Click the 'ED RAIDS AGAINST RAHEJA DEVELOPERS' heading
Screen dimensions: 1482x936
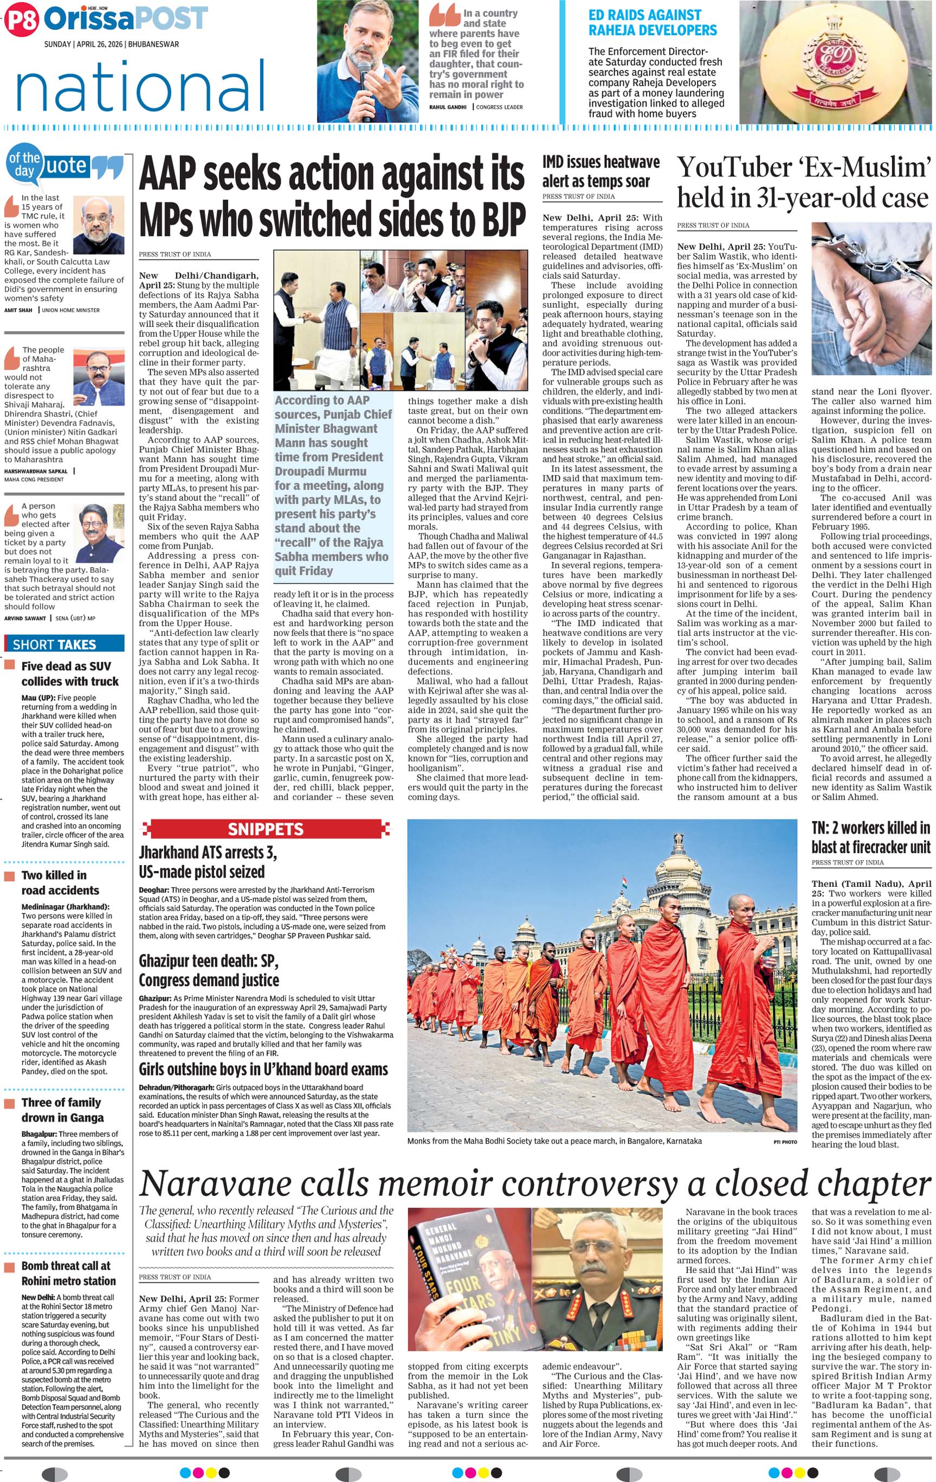pyautogui.click(x=653, y=23)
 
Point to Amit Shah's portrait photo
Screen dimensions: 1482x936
pyautogui.click(x=99, y=224)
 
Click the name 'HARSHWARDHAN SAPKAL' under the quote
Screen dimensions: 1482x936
pyautogui.click(x=36, y=471)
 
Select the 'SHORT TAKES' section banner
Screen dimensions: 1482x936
pyautogui.click(x=54, y=645)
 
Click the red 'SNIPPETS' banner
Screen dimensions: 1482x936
pyautogui.click(x=266, y=829)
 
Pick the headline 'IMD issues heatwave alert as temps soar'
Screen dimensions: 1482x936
pyautogui.click(x=601, y=171)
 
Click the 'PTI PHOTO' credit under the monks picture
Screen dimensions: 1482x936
pyautogui.click(x=785, y=1142)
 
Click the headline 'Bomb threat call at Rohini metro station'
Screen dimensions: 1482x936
pyautogui.click(x=68, y=1273)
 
